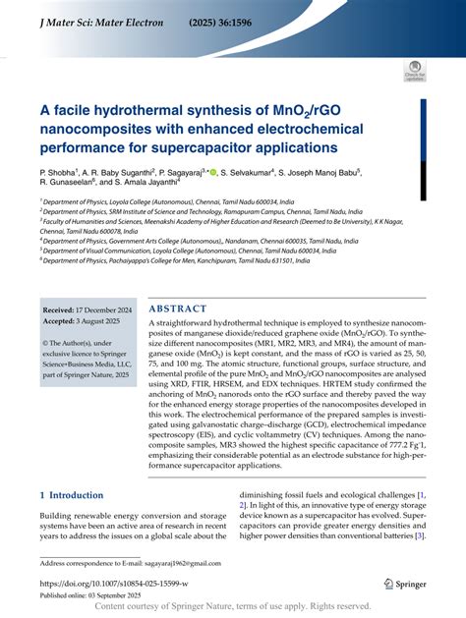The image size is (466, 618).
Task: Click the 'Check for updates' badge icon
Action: [x=414, y=70]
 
